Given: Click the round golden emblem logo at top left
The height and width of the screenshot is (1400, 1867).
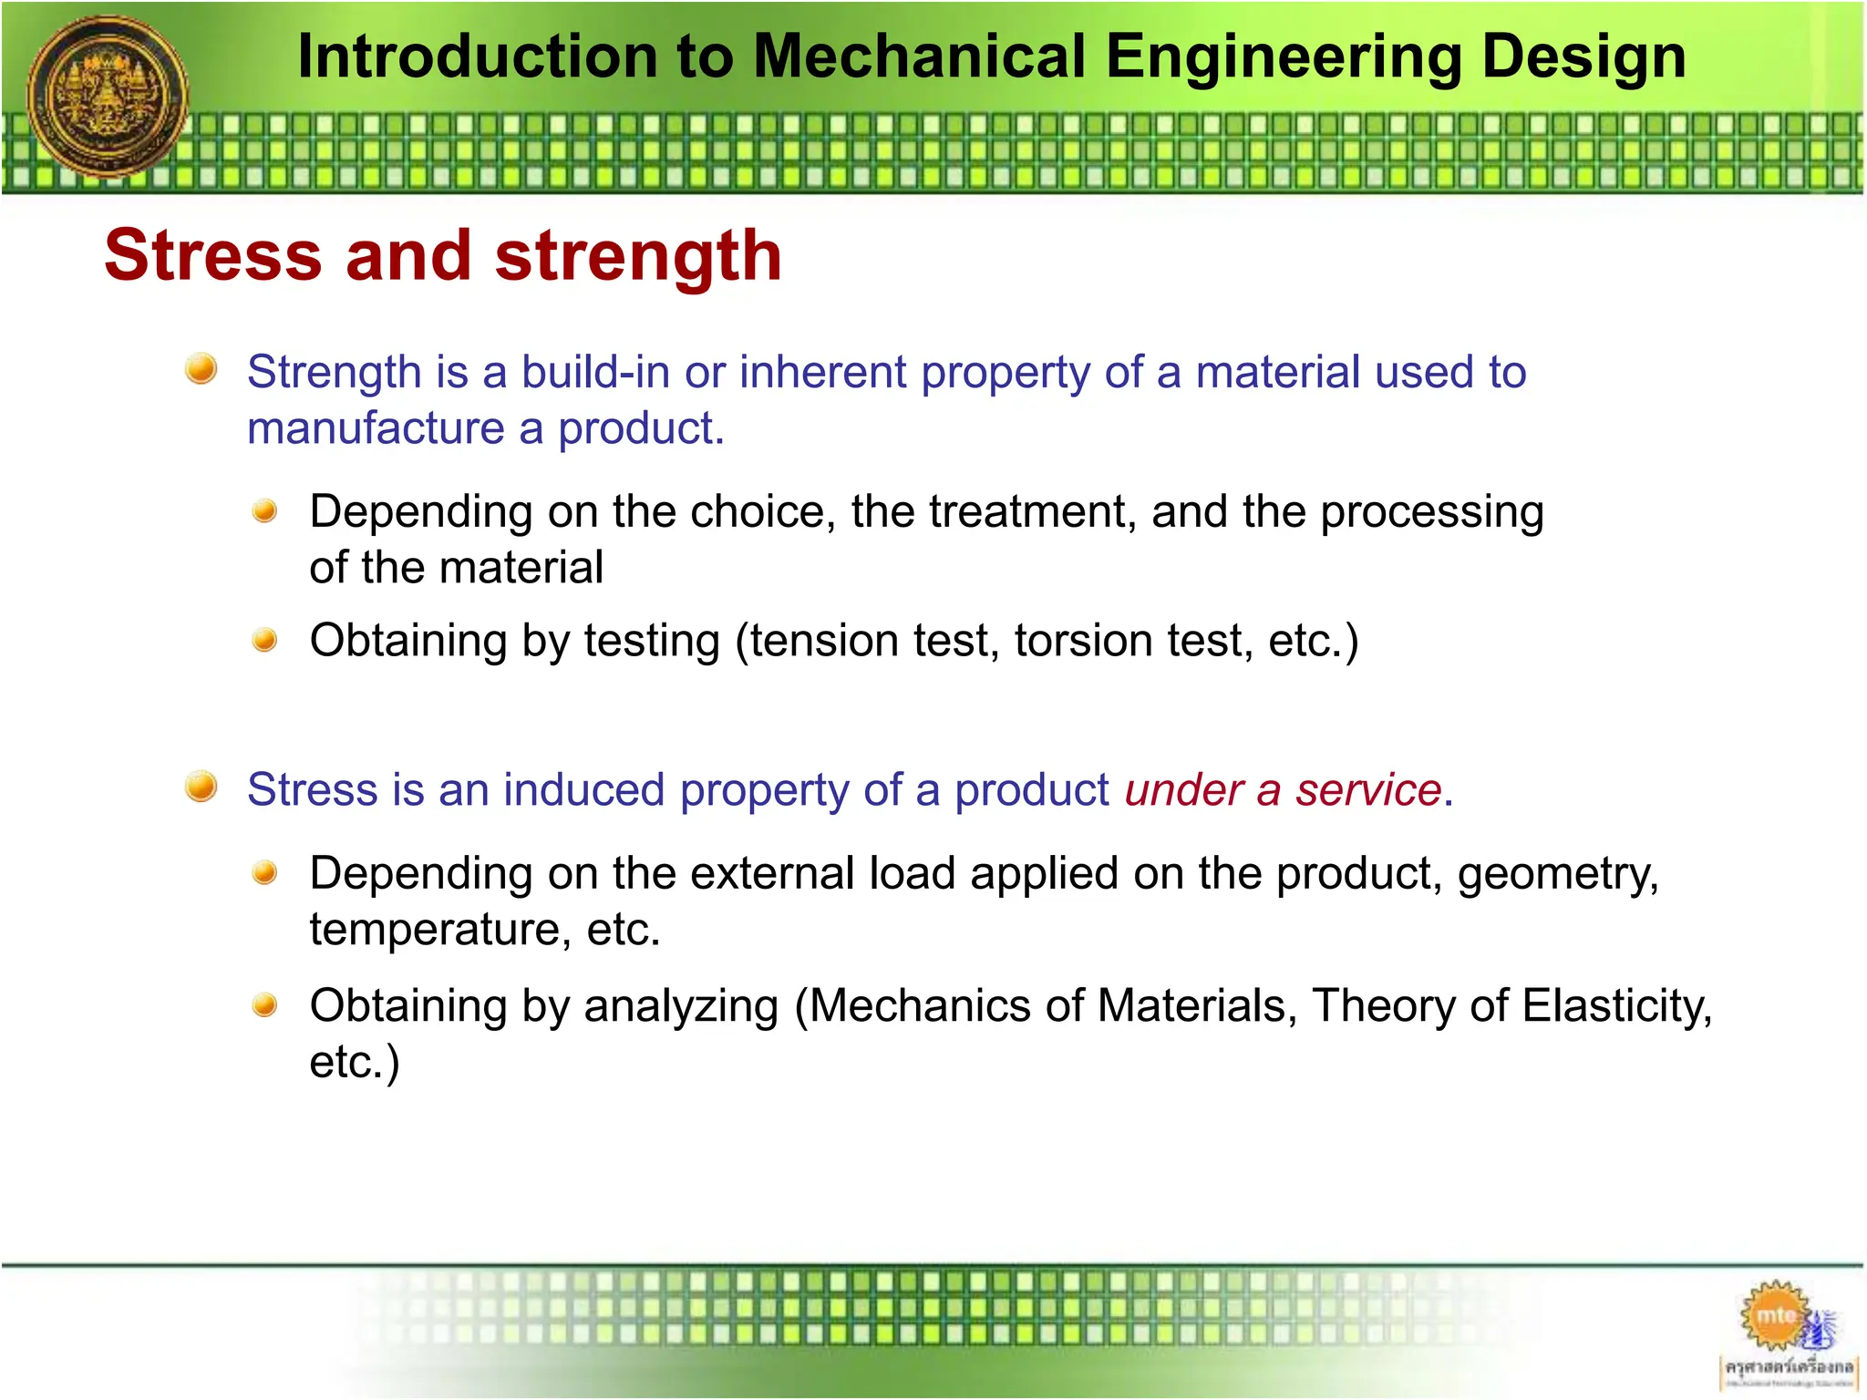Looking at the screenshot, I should (x=108, y=96).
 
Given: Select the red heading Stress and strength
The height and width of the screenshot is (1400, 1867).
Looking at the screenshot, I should (x=443, y=255).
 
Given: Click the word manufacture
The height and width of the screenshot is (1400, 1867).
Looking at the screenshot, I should (x=376, y=428).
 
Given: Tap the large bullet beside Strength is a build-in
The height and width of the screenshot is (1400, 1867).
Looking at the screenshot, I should (x=201, y=369).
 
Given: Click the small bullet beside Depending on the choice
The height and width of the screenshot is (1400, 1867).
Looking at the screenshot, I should (x=264, y=510).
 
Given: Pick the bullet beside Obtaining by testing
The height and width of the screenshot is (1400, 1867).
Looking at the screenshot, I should (x=264, y=641).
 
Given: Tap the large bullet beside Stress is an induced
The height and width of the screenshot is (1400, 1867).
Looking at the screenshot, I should (x=201, y=786).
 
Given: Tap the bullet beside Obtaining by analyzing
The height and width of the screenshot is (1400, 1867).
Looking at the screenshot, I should (x=264, y=1005).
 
